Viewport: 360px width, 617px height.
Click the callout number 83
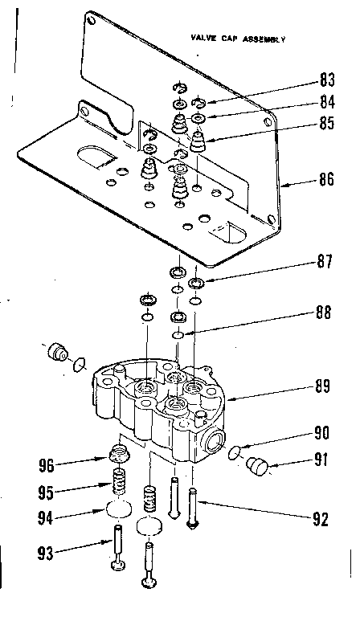pyautogui.click(x=326, y=80)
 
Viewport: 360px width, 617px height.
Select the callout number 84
pyautogui.click(x=326, y=102)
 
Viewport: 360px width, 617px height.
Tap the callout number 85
pyautogui.click(x=326, y=125)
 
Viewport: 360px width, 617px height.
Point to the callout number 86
pyautogui.click(x=326, y=179)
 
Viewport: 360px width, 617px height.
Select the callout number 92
pyautogui.click(x=321, y=518)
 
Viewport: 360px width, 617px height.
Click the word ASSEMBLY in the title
pyautogui.click(x=262, y=38)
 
